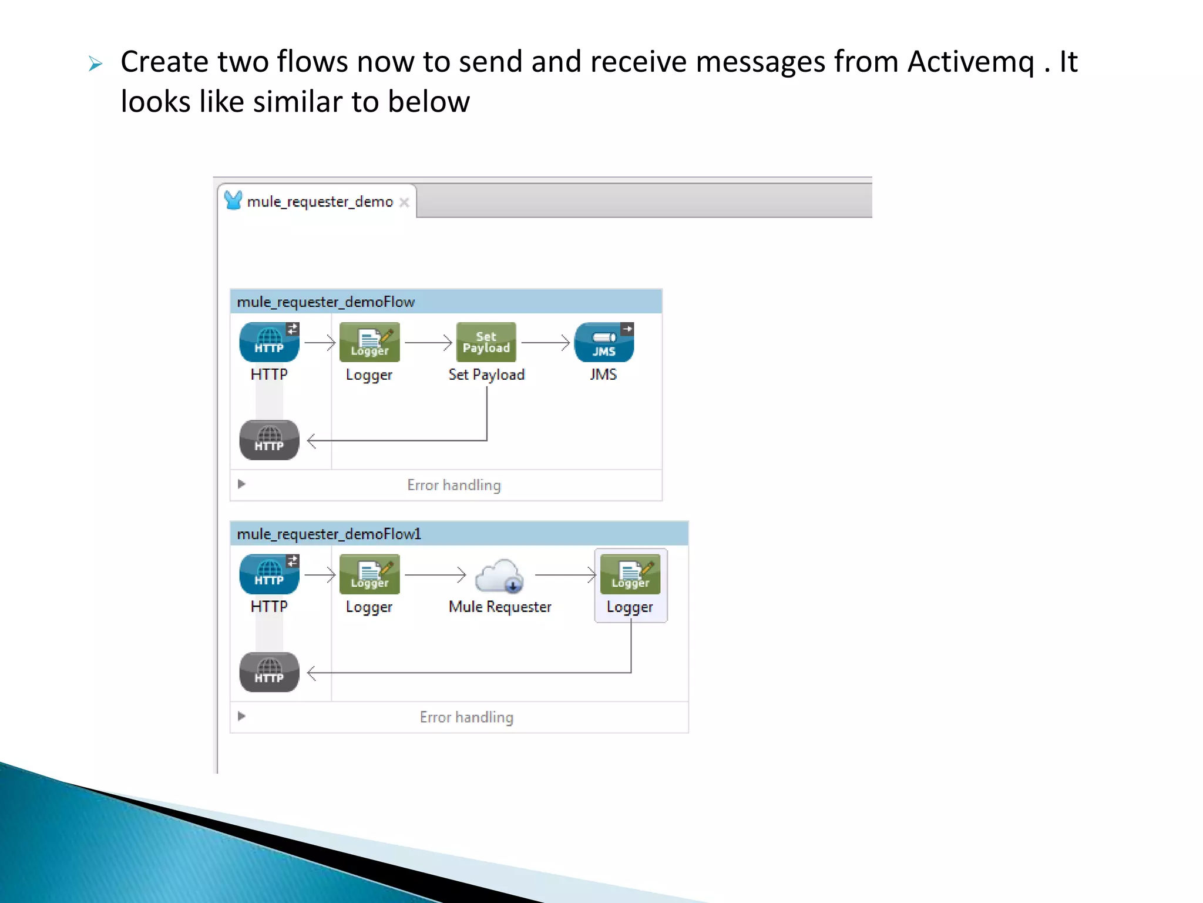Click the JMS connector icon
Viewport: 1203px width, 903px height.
tap(604, 342)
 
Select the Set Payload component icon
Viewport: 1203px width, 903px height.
tap(486, 342)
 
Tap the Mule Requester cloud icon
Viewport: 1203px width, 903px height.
tap(499, 576)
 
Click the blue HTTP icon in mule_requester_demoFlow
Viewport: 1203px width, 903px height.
tap(269, 342)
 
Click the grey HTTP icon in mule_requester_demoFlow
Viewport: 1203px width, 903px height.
tap(269, 440)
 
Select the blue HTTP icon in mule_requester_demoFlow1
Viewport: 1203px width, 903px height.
tap(269, 574)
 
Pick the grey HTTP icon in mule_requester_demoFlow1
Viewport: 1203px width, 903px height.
tap(269, 672)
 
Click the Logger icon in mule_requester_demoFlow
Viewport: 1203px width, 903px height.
tap(369, 342)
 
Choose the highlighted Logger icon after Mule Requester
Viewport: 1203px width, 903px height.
tap(630, 574)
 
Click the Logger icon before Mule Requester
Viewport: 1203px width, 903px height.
tap(369, 574)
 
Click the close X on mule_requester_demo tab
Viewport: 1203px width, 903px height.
tap(404, 202)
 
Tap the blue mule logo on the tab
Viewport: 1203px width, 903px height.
tap(233, 200)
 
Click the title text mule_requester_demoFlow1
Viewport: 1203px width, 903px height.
tap(329, 534)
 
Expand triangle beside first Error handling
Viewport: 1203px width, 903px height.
tap(241, 484)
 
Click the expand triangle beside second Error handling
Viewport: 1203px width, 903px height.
tap(241, 716)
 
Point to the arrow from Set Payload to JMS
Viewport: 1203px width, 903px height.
tap(545, 342)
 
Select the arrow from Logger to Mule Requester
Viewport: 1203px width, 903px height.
tap(435, 574)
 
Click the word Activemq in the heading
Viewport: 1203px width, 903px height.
tap(970, 62)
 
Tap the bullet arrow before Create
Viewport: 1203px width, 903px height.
tap(96, 63)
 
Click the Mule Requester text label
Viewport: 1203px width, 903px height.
tap(500, 607)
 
